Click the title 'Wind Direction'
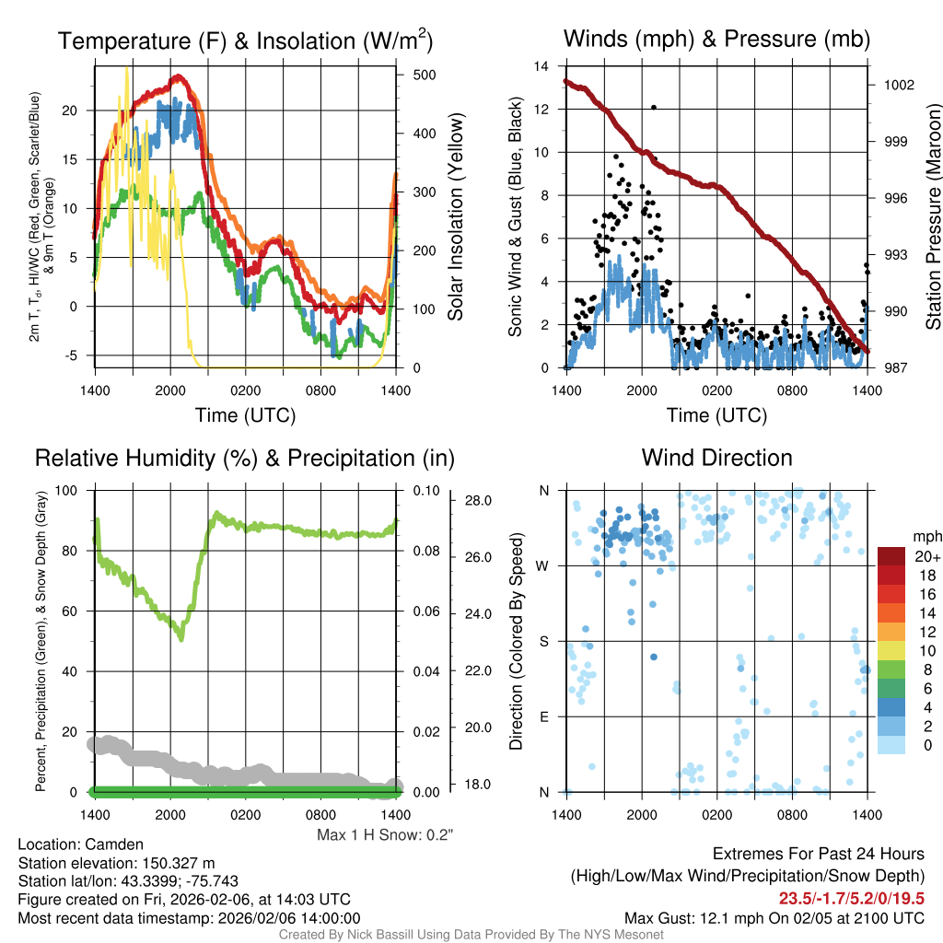point(716,458)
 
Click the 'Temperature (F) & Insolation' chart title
point(245,41)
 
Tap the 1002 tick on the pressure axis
point(899,85)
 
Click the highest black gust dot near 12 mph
point(654,108)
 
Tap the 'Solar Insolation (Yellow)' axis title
point(456,216)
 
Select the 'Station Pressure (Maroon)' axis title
point(933,216)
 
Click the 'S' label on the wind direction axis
point(543,641)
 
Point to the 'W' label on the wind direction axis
point(543,565)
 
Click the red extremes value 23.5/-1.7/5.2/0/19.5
point(852,899)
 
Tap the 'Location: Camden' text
point(81,844)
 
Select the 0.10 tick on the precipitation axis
point(418,490)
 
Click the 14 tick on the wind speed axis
point(541,66)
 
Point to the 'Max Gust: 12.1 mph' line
point(774,918)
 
